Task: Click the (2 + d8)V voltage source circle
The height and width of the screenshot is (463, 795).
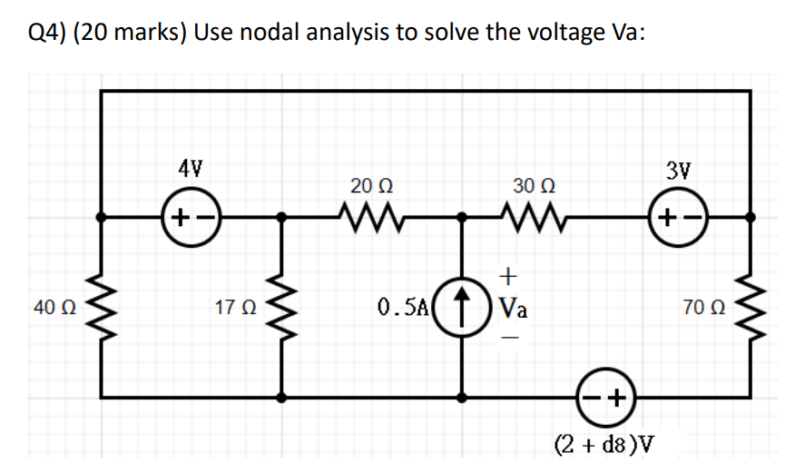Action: (607, 396)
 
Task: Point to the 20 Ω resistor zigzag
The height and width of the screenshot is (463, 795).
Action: (371, 216)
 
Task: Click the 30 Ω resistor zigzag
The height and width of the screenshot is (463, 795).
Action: (532, 216)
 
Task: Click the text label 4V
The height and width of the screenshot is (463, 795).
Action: (191, 168)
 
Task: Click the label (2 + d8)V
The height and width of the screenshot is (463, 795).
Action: (605, 445)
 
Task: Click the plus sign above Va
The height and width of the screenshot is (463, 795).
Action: (508, 273)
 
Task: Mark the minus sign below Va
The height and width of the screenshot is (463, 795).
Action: (508, 335)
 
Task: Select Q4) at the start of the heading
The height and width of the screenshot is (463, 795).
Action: (47, 33)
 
